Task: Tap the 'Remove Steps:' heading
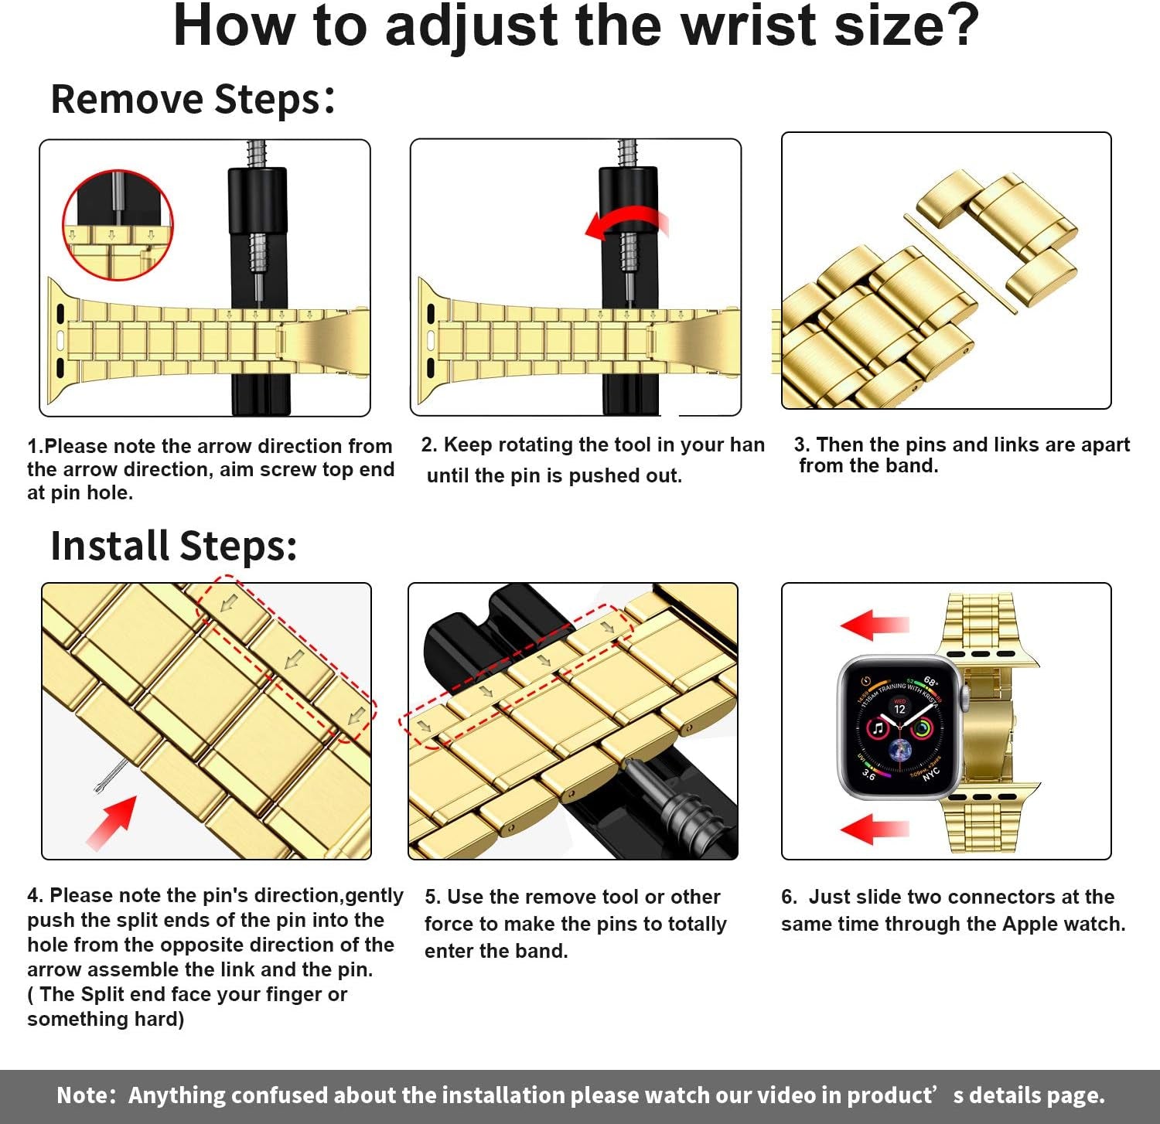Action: pos(193,100)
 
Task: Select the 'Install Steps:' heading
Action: pos(173,546)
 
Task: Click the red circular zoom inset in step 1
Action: pos(118,225)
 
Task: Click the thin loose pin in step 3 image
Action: pos(959,264)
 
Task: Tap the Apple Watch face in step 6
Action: pos(899,727)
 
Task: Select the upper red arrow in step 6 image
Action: pos(874,625)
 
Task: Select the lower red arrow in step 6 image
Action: pos(874,829)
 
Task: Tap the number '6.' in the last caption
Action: pos(789,897)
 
